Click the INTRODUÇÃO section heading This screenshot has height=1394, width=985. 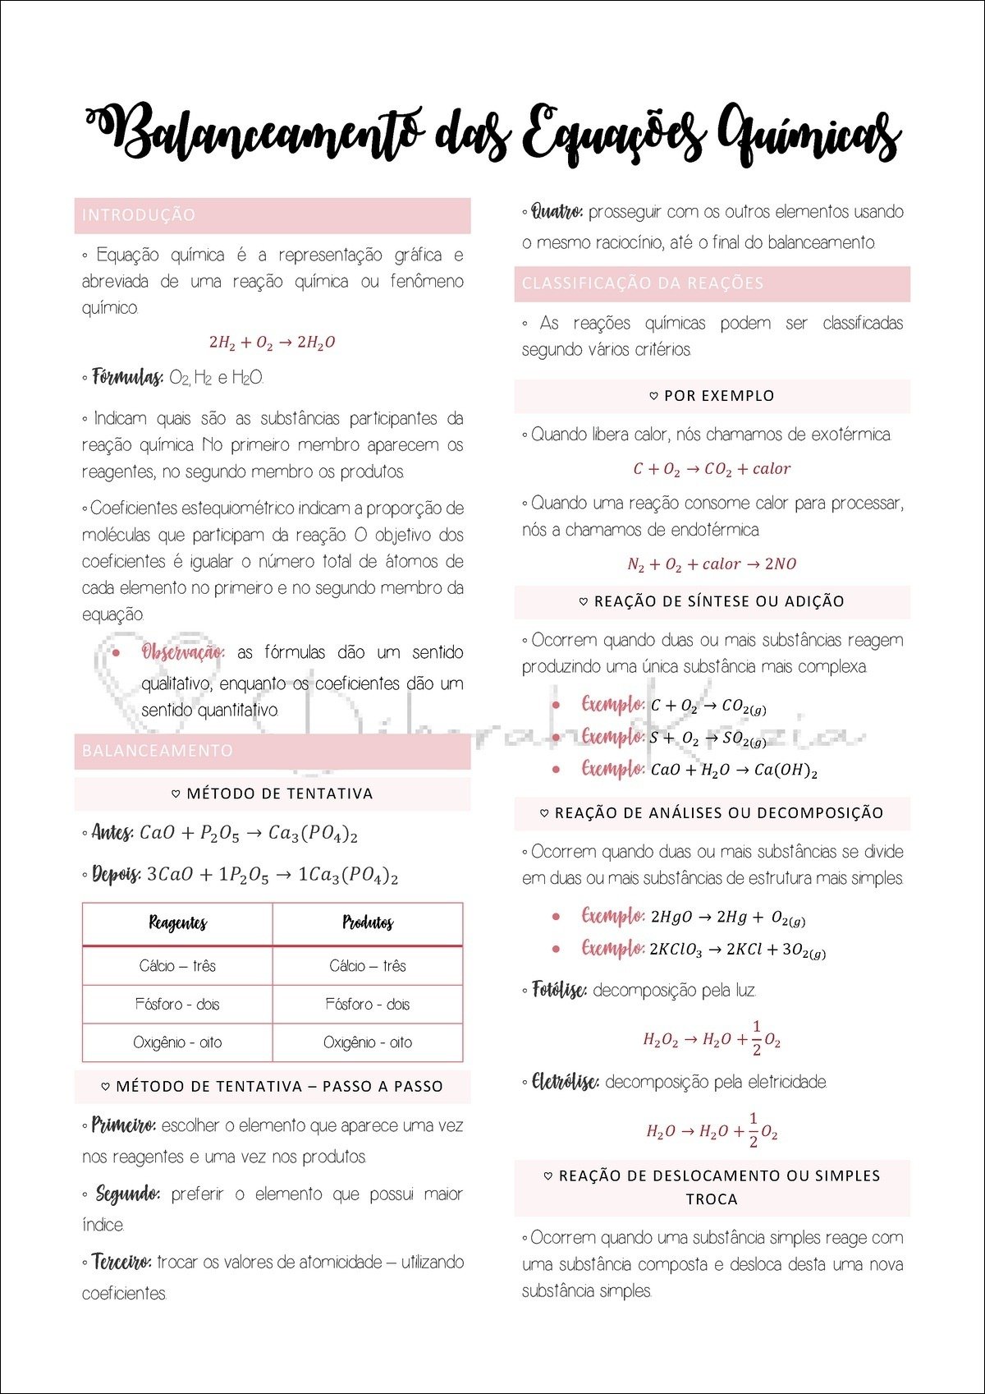click(139, 215)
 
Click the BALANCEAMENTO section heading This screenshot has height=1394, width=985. click(158, 751)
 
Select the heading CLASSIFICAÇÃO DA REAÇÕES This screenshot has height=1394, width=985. click(643, 283)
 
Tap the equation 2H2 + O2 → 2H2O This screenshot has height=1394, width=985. click(272, 343)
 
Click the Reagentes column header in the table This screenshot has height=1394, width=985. click(177, 923)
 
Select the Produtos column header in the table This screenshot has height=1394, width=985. click(367, 923)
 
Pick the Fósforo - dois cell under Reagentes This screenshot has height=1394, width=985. click(177, 1004)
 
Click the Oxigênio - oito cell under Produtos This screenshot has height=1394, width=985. click(367, 1042)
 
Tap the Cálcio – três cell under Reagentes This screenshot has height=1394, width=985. click(177, 966)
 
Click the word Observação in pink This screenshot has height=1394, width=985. click(182, 652)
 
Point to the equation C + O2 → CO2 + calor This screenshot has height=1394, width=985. click(712, 469)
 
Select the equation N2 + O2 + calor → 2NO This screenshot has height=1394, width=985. click(712, 564)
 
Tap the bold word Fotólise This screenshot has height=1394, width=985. click(558, 990)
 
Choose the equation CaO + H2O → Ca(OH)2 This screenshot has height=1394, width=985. click(734, 771)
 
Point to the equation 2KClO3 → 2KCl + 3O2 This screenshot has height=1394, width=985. click(737, 950)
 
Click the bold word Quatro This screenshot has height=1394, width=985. click(557, 212)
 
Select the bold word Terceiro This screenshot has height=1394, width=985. click(121, 1262)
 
